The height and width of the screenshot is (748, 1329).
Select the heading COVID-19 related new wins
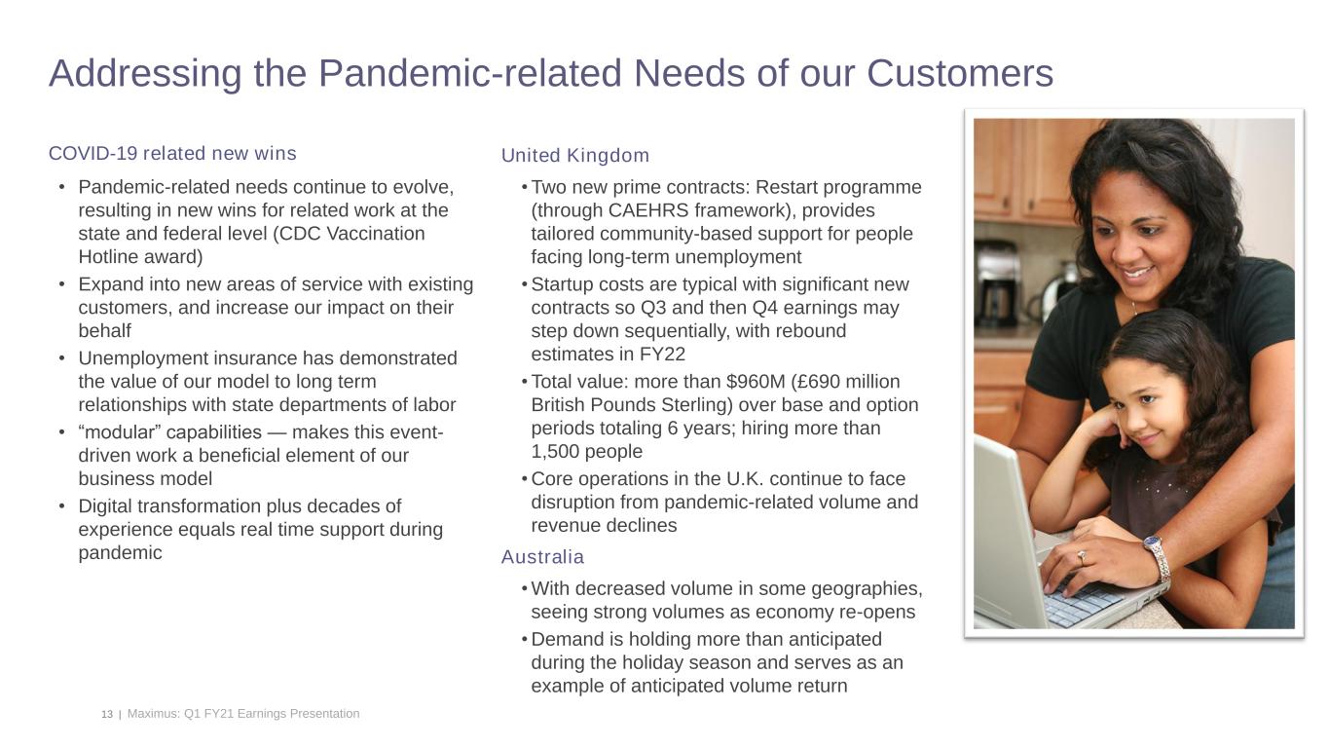pyautogui.click(x=172, y=154)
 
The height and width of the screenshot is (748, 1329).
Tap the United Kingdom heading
pyautogui.click(x=574, y=156)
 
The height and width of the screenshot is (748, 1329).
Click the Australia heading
pyautogui.click(x=542, y=557)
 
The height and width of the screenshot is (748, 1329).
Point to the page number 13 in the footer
pyautogui.click(x=107, y=714)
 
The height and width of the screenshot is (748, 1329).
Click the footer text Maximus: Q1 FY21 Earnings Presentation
pyautogui.click(x=243, y=714)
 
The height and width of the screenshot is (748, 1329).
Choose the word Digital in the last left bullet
pyautogui.click(x=107, y=506)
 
